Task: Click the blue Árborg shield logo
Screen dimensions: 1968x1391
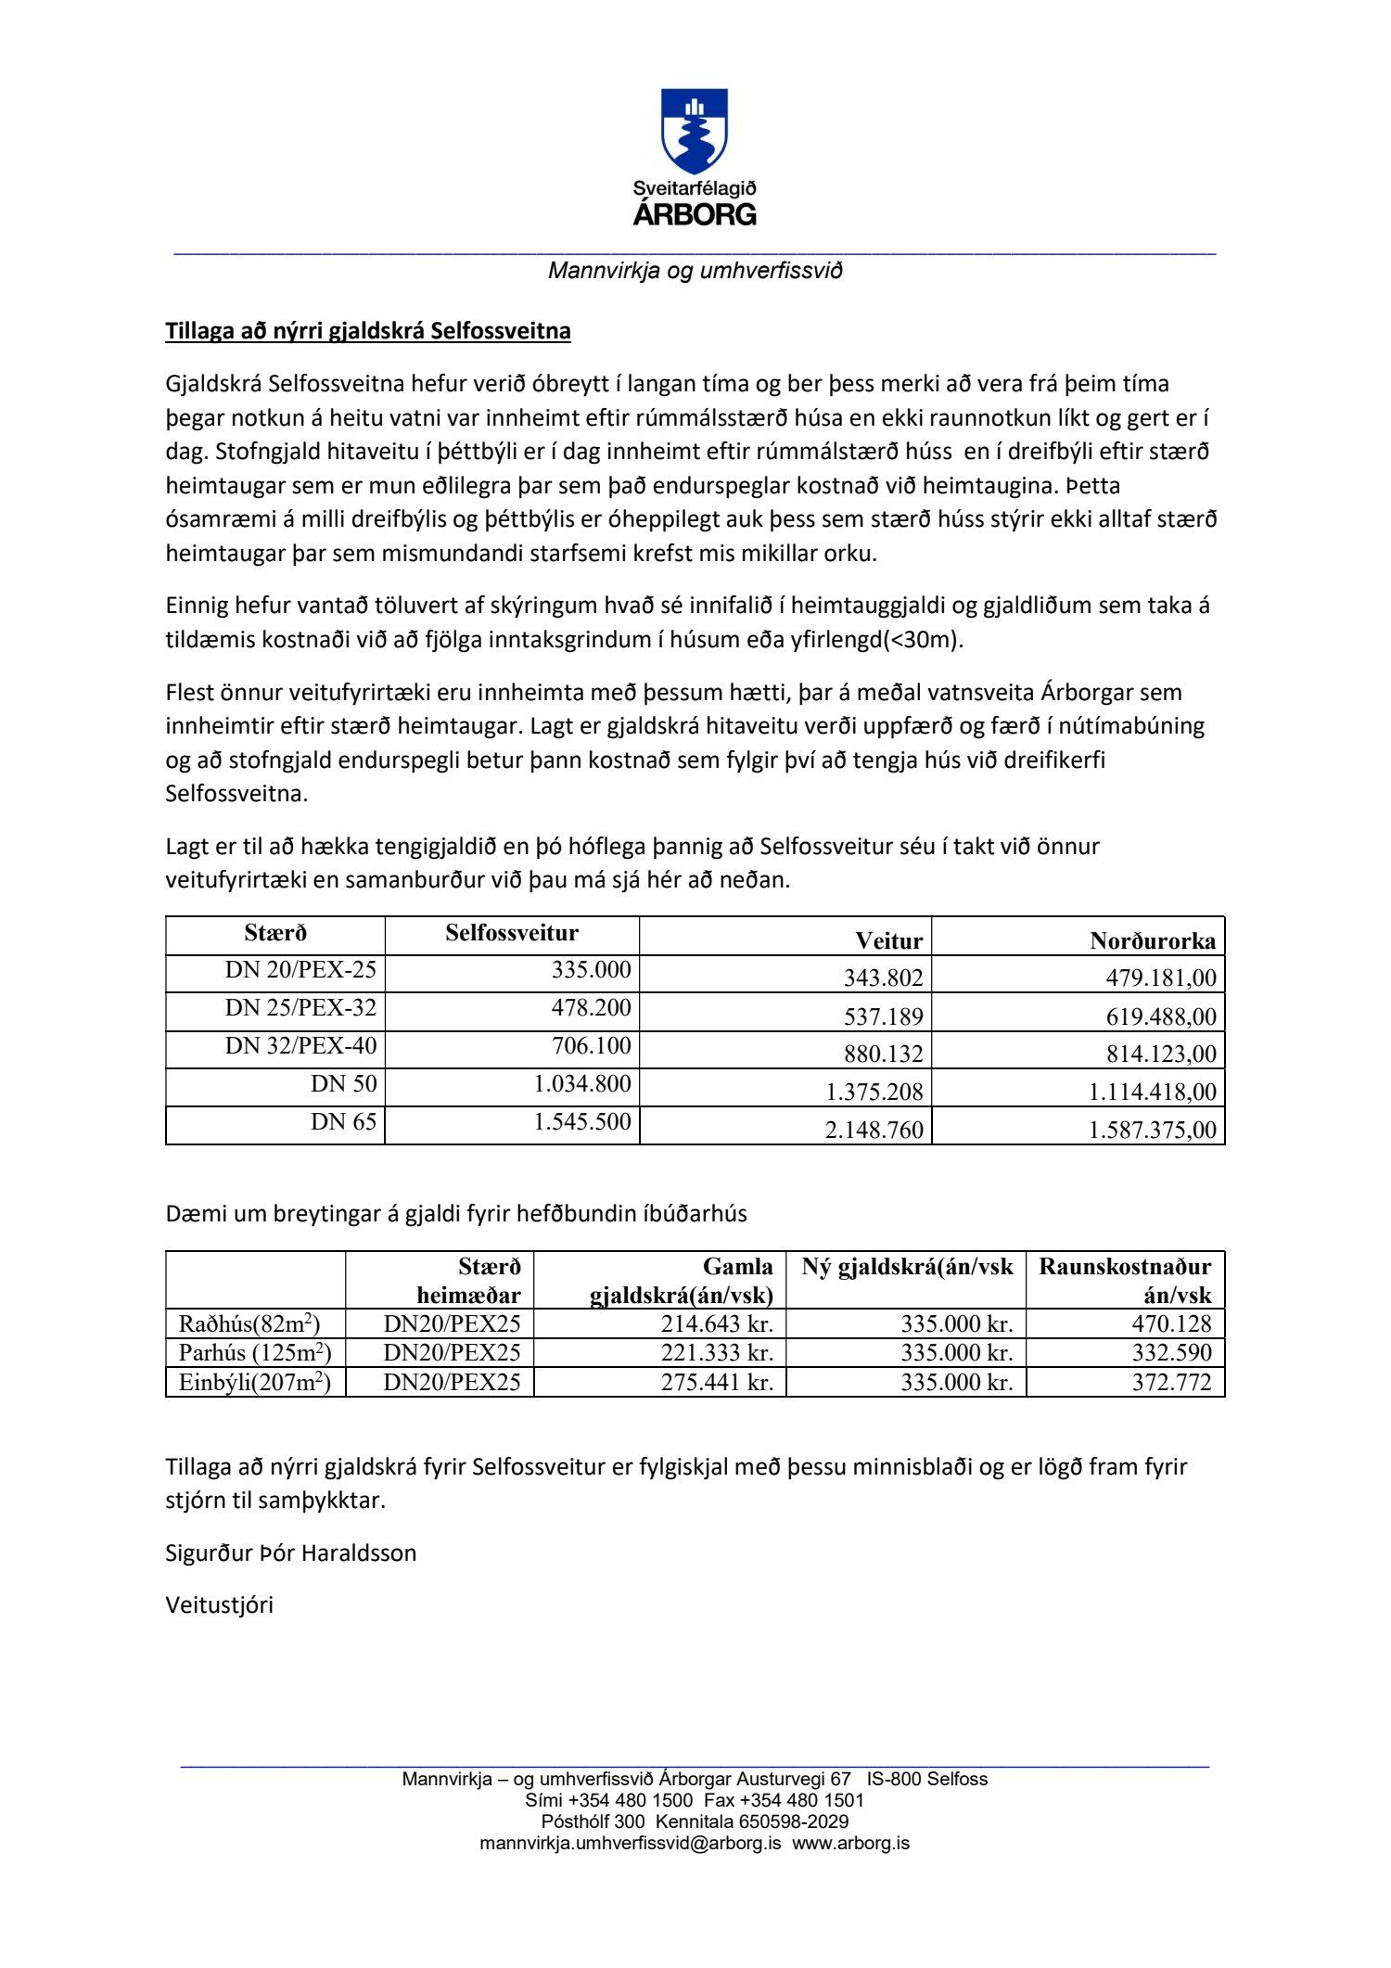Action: (x=694, y=131)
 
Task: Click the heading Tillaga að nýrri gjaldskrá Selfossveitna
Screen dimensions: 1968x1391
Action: (x=368, y=331)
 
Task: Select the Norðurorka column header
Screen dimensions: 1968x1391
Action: (x=1153, y=940)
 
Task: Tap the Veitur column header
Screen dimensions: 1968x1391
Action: (x=888, y=940)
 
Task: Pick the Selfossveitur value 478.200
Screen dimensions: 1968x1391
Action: (x=591, y=1008)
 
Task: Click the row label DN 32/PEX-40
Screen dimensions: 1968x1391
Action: (x=300, y=1046)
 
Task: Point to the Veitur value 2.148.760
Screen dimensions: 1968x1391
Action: (x=874, y=1130)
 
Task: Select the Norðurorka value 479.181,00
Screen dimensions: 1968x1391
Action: (x=1160, y=978)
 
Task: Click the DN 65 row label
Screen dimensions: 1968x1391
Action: (x=343, y=1122)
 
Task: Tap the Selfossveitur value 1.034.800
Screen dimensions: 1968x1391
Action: (x=581, y=1084)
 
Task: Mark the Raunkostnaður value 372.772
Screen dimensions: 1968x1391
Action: (x=1171, y=1382)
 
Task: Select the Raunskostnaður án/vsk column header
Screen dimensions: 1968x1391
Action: (x=1125, y=1280)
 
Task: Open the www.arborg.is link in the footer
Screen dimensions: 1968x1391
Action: (x=850, y=1843)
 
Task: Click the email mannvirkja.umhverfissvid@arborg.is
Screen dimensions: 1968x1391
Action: (x=630, y=1843)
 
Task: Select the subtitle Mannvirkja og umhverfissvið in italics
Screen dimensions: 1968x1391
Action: (x=695, y=271)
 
